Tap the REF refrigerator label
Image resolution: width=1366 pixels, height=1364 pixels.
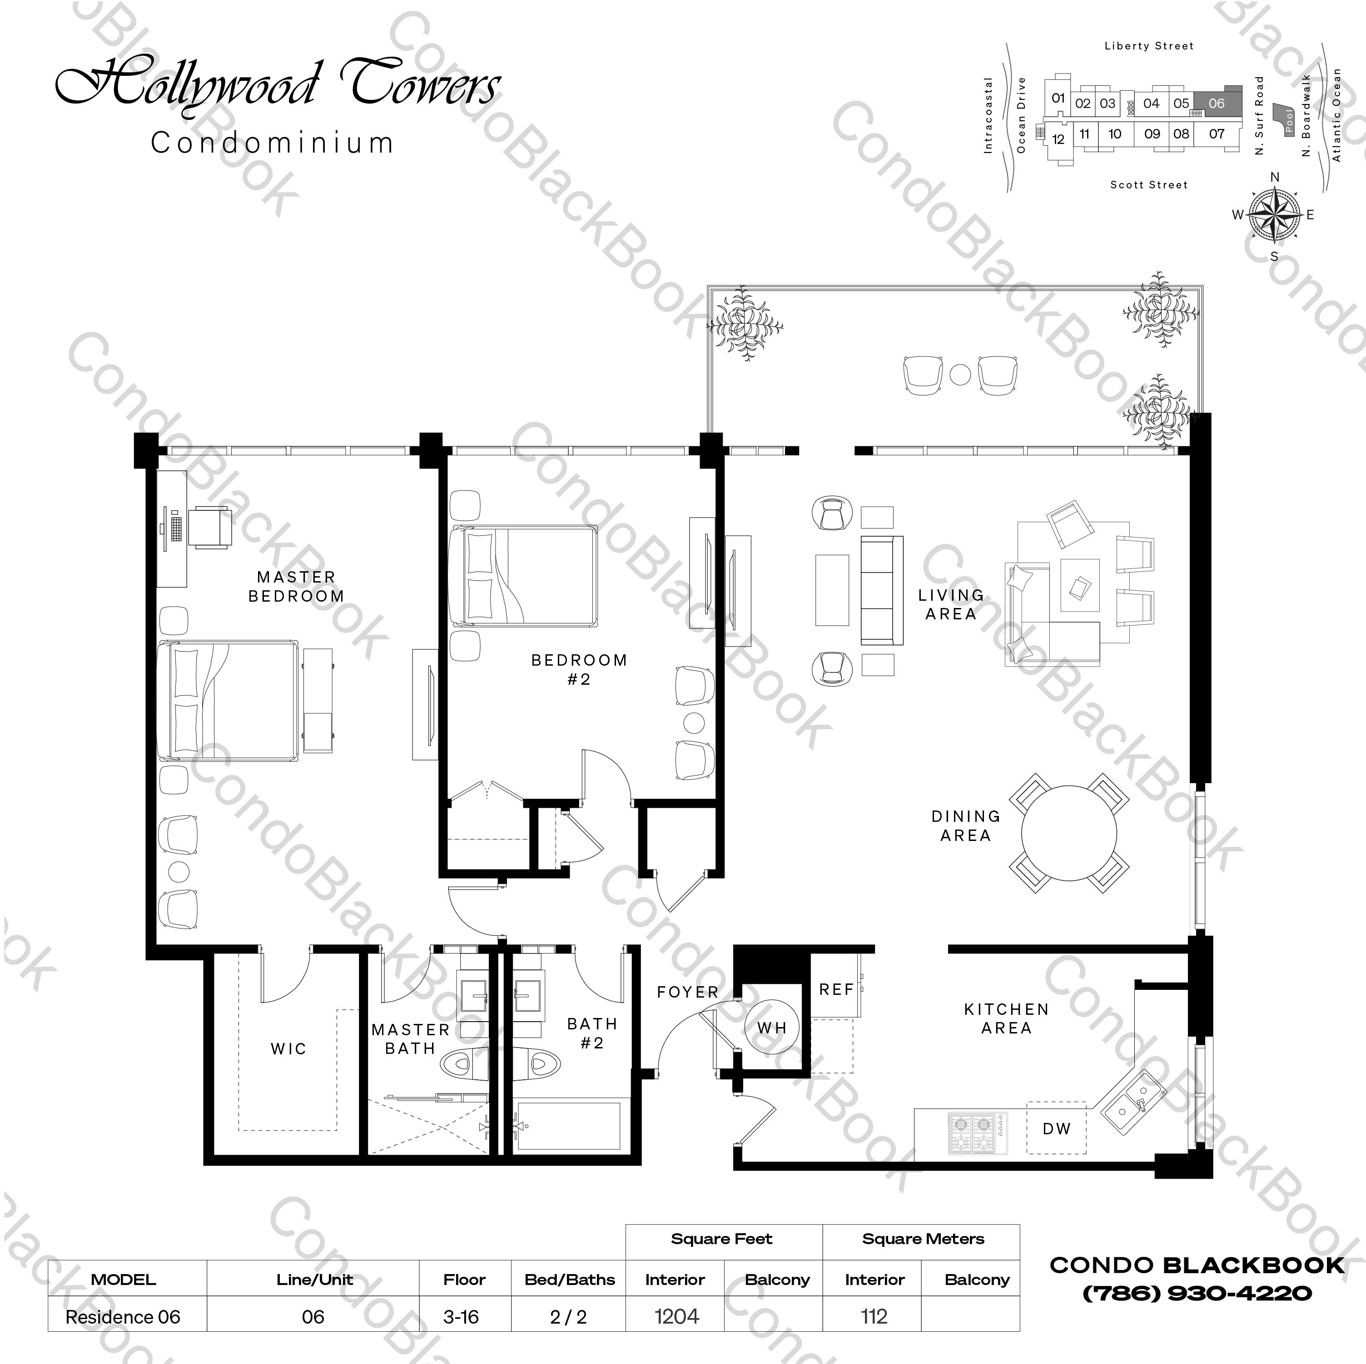(x=836, y=989)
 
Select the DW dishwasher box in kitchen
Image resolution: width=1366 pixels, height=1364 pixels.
(x=1056, y=1129)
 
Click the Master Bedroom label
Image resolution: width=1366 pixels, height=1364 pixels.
(x=296, y=587)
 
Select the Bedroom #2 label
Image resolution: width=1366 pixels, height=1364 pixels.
(x=579, y=669)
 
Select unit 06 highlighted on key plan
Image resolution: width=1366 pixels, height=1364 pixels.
(x=1216, y=103)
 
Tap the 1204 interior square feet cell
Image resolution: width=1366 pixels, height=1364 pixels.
(x=676, y=1317)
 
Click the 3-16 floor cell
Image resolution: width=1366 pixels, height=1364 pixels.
(x=461, y=1317)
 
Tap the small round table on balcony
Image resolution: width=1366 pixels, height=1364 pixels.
(x=959, y=374)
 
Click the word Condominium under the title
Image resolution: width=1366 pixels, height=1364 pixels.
(x=272, y=143)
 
